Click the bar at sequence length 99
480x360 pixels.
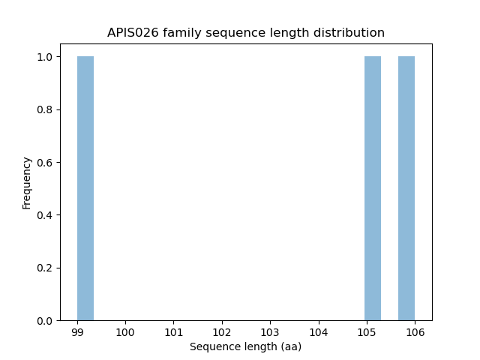click(x=85, y=188)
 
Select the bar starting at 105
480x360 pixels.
click(x=373, y=188)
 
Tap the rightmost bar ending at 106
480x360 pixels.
click(x=406, y=188)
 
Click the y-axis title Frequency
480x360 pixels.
click(x=27, y=182)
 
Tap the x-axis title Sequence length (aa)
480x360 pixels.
click(x=245, y=346)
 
